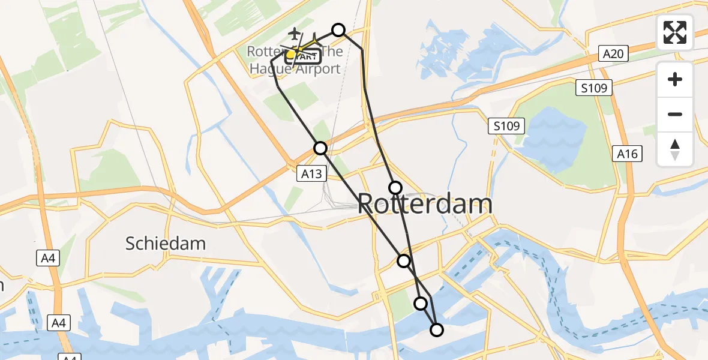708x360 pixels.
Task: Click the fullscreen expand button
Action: [x=675, y=32]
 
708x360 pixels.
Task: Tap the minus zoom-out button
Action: [x=675, y=114]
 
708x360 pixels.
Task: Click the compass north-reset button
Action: [x=675, y=149]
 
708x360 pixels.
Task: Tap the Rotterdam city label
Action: [x=425, y=204]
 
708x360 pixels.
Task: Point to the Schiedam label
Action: [x=166, y=243]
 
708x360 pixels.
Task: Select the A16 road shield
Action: [x=628, y=154]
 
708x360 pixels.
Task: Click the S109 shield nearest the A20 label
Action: [x=594, y=88]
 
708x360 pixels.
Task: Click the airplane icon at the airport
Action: [x=295, y=34]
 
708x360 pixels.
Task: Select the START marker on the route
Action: [x=307, y=56]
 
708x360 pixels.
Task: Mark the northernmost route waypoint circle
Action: [x=338, y=30]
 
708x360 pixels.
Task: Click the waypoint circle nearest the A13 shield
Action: [x=320, y=148]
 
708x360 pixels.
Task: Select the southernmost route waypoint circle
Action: [x=437, y=329]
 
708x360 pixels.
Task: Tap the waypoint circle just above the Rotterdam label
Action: [x=395, y=188]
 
